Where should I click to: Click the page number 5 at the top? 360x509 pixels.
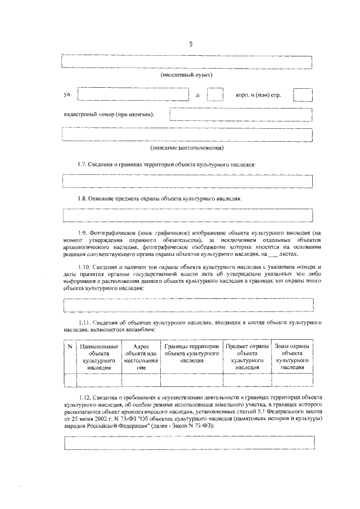point(190,44)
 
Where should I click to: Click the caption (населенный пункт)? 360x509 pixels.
point(187,74)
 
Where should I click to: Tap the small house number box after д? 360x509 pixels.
point(215,94)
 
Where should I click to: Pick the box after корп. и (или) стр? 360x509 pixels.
point(303,94)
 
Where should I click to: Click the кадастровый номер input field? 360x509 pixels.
point(241,114)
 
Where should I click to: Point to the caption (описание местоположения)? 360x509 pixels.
point(187,148)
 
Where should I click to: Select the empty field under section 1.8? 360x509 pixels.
point(187,215)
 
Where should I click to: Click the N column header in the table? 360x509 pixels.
point(70,347)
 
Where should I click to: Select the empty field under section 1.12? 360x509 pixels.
point(187,443)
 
